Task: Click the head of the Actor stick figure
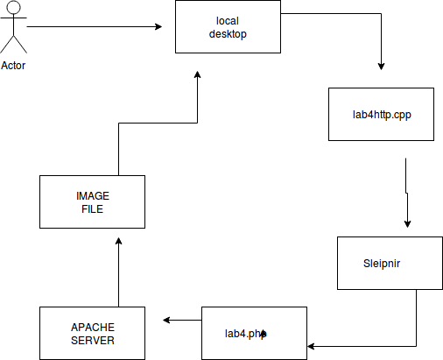pos(13,7)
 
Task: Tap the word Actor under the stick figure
pos(13,66)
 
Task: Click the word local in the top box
pos(228,21)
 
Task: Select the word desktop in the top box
pos(228,34)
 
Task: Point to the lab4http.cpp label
pos(382,115)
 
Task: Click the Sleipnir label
pos(382,264)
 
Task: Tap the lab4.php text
pos(245,334)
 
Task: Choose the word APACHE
pos(93,328)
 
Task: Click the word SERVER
pos(93,341)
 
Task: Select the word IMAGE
pos(93,196)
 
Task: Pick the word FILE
pos(92,209)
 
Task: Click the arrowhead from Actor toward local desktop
pos(158,26)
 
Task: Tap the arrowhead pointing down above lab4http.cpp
pos(381,67)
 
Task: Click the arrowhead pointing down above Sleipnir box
pos(407,224)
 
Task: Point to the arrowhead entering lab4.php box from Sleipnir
pos(311,346)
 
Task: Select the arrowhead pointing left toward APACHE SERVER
pos(166,320)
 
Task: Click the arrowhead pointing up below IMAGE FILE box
pos(118,241)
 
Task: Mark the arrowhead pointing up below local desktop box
pos(197,74)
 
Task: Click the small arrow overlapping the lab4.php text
pos(264,334)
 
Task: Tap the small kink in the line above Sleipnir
pos(406,193)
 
